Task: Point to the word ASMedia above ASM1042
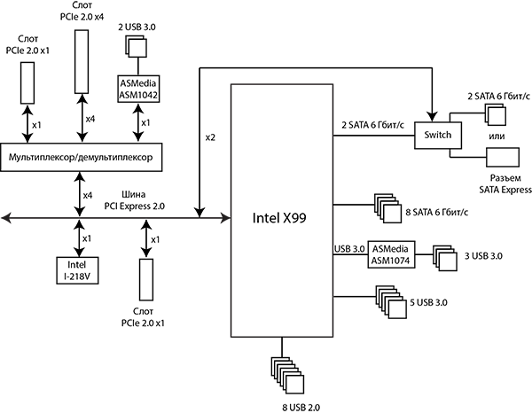coord(137,83)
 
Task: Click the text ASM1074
coord(392,261)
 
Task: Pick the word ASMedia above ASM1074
coord(392,249)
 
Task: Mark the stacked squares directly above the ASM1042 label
coord(137,47)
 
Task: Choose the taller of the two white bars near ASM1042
coord(82,60)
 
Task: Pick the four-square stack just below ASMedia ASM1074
coord(390,301)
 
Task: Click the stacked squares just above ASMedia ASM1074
coord(387,209)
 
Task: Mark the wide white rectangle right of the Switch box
coord(503,156)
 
